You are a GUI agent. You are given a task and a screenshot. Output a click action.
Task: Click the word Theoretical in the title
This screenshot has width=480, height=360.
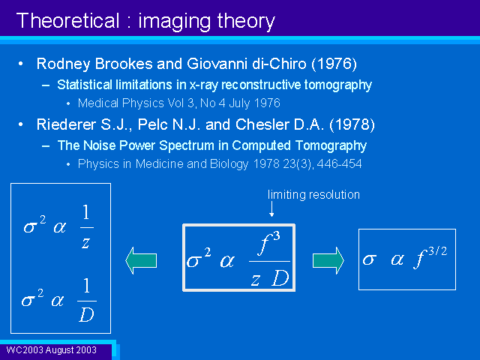(x=67, y=21)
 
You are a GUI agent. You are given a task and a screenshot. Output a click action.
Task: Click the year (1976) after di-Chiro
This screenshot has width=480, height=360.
(x=334, y=64)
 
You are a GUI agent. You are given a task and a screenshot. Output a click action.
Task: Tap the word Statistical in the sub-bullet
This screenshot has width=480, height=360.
(x=85, y=85)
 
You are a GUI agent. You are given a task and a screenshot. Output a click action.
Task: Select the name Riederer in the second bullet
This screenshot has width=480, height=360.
(x=66, y=124)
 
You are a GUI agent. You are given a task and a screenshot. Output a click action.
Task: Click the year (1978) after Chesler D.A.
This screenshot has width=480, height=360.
(x=352, y=124)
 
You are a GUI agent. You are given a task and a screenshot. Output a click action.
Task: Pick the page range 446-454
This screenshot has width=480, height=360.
(x=339, y=163)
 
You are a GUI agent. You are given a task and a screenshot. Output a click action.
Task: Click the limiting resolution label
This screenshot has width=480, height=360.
(x=313, y=195)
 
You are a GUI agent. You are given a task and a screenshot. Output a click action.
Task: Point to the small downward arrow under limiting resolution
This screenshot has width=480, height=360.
(x=271, y=209)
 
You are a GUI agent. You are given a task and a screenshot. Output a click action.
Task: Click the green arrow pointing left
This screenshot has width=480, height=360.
(x=141, y=260)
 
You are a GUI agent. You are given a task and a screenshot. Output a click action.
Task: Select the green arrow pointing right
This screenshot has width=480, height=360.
(x=328, y=260)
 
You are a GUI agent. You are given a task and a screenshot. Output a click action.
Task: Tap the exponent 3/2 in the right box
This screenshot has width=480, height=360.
(x=438, y=251)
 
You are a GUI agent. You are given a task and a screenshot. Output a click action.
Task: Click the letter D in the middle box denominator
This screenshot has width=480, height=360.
(x=280, y=278)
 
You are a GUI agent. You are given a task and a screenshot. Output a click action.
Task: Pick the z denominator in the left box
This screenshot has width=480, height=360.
(x=85, y=243)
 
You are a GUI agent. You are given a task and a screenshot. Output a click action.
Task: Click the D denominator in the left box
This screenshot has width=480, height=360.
(x=86, y=314)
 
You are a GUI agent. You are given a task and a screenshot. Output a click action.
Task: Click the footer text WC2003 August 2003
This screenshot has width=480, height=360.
(x=52, y=350)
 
